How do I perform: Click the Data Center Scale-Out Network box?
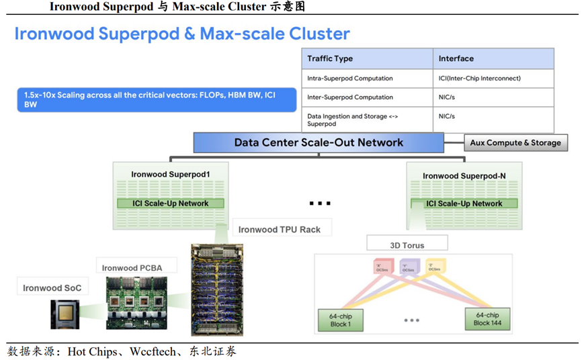(x=319, y=142)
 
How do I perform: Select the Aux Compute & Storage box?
(x=515, y=143)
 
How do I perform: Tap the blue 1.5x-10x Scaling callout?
(x=157, y=100)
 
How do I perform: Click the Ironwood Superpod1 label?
(x=171, y=175)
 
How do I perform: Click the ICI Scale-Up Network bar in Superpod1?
(x=171, y=204)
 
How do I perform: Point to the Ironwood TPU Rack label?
(x=279, y=230)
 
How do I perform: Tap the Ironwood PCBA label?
(x=132, y=268)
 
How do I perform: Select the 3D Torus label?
(x=407, y=245)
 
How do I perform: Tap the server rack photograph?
(x=216, y=289)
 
